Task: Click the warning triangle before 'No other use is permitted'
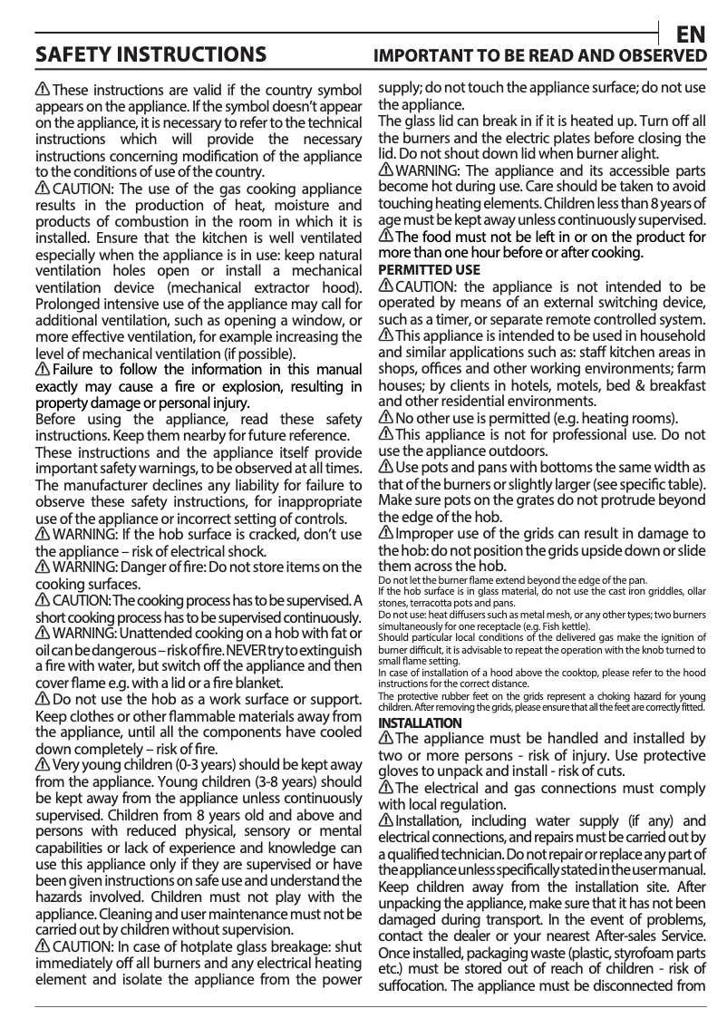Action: pyautogui.click(x=385, y=418)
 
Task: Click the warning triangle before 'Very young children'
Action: pyautogui.click(x=43, y=765)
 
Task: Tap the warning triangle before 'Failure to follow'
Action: pyautogui.click(x=43, y=370)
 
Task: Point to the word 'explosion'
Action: pyautogui.click(x=236, y=386)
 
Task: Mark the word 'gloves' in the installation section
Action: pyautogui.click(x=400, y=771)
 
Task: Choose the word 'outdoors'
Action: pyautogui.click(x=516, y=451)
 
